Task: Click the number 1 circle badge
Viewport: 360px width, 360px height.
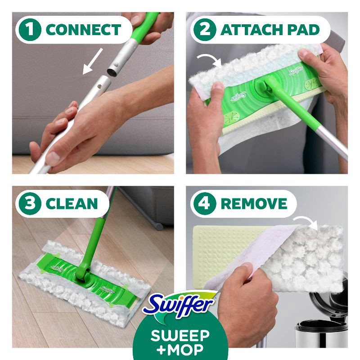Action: [31, 30]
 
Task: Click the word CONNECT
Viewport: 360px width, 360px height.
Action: [83, 30]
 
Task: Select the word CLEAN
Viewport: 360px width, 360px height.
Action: [72, 203]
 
